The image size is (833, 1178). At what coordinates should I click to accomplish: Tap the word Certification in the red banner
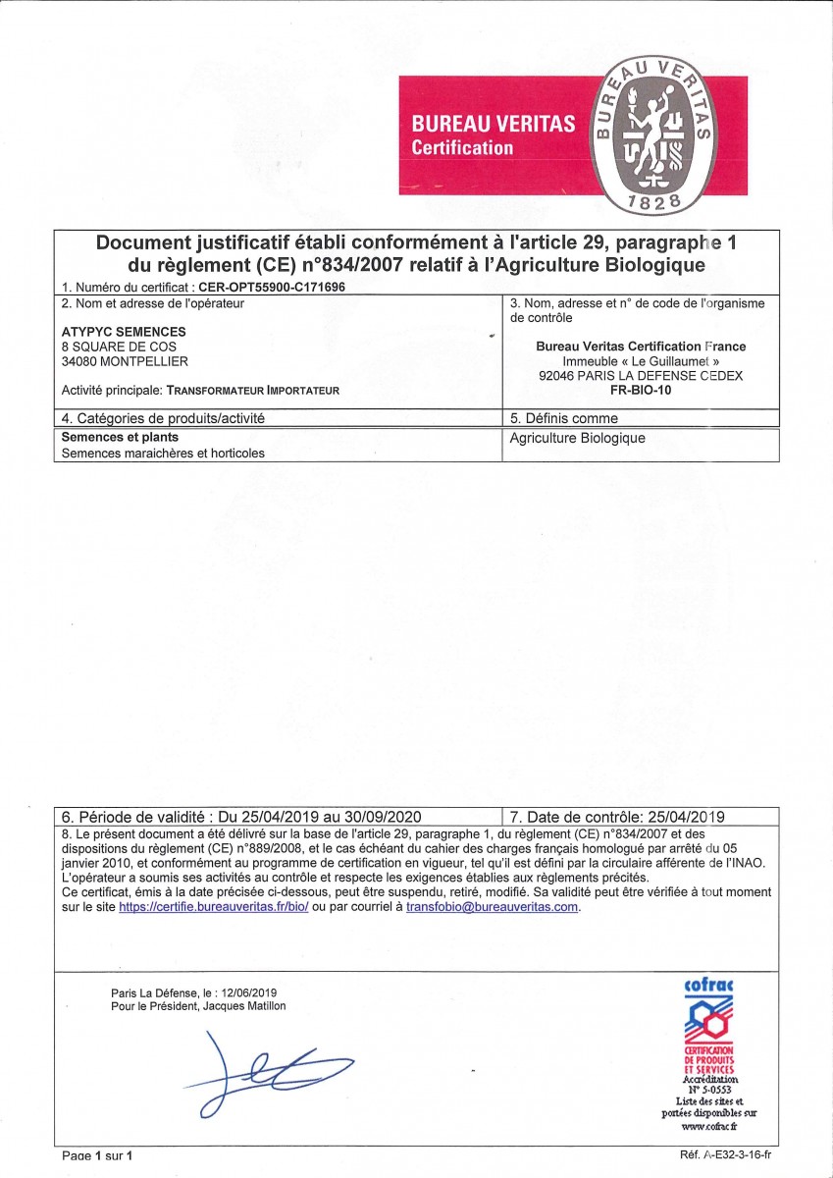tap(462, 148)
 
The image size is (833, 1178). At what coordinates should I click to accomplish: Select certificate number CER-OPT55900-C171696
tap(272, 287)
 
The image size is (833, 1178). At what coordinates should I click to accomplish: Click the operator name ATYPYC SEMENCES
tap(124, 332)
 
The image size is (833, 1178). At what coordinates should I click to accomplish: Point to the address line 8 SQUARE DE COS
tap(119, 347)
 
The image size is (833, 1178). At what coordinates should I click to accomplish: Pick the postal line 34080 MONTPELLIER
tap(125, 360)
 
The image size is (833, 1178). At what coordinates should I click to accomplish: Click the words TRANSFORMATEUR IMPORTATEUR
tap(253, 390)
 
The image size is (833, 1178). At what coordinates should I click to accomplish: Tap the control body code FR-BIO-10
tap(641, 390)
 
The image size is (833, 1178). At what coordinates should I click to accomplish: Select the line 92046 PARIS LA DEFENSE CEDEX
tap(641, 375)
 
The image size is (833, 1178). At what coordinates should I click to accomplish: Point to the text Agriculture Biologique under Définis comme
tap(578, 438)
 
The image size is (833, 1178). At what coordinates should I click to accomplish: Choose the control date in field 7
tap(683, 817)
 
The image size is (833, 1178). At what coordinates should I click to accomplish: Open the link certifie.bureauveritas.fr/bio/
tap(214, 908)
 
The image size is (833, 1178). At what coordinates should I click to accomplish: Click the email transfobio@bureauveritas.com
tap(493, 908)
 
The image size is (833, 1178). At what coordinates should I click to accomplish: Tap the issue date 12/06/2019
tap(253, 992)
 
